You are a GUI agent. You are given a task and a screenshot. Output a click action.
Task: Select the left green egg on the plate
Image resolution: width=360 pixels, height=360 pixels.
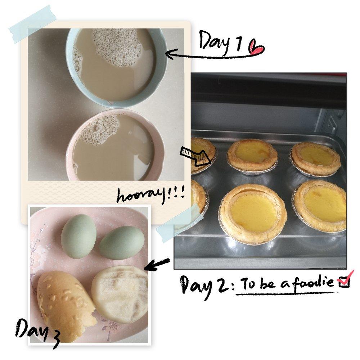pyautogui.click(x=78, y=236)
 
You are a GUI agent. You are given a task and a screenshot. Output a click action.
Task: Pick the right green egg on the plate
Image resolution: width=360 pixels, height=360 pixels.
pyautogui.click(x=122, y=243)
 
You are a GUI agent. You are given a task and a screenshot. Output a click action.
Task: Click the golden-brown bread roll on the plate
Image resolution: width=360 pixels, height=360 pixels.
pyautogui.click(x=66, y=305)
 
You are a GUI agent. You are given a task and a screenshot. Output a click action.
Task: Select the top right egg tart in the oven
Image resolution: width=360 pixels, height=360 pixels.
pyautogui.click(x=315, y=159)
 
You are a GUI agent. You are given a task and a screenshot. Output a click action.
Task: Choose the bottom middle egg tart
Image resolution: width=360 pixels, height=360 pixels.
pyautogui.click(x=253, y=213)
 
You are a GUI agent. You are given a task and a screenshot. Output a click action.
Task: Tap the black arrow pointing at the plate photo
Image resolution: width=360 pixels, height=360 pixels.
pyautogui.click(x=158, y=265)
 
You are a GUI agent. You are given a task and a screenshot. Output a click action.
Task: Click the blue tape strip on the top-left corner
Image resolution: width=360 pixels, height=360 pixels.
pyautogui.click(x=33, y=24)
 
